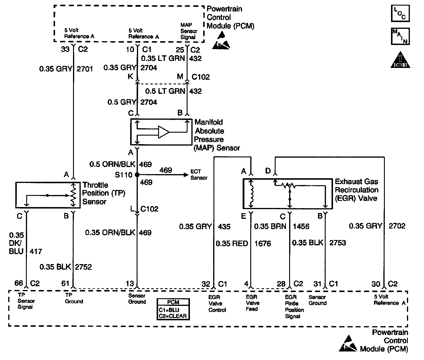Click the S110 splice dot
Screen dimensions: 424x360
[x=137, y=175]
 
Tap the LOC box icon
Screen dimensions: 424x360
[x=400, y=13]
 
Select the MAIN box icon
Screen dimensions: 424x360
[x=400, y=36]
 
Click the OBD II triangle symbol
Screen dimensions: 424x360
[x=400, y=60]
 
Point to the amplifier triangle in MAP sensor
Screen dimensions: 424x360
[x=164, y=132]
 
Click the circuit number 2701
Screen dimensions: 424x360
[x=85, y=69]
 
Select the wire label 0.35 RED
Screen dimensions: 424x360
[x=232, y=244]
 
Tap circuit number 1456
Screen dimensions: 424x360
[x=301, y=226]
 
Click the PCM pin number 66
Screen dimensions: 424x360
[x=19, y=283]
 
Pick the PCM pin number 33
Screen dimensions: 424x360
[x=65, y=49]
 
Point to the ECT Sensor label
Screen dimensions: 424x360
[x=199, y=175]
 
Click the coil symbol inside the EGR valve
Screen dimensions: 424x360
[x=251, y=194]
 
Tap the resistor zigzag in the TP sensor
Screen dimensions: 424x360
[x=73, y=195]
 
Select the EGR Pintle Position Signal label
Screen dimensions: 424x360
[x=294, y=306]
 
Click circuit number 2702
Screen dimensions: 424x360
[x=397, y=226]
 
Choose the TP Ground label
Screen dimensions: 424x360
[x=74, y=298]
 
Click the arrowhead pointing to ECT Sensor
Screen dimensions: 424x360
[x=186, y=175]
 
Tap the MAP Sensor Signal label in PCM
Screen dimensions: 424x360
[x=189, y=31]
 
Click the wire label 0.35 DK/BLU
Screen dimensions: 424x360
[x=16, y=243]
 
